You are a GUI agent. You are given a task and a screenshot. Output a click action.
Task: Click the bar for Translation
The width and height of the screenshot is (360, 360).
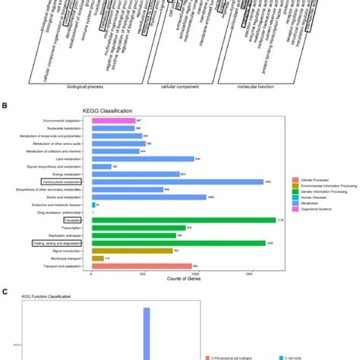click(183, 219)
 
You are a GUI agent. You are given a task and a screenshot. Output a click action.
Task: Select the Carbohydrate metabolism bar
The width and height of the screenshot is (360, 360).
click(177, 182)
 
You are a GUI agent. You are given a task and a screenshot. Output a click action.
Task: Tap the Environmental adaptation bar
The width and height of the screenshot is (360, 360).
click(113, 120)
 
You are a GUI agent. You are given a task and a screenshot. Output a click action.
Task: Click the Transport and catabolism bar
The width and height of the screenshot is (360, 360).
click(141, 266)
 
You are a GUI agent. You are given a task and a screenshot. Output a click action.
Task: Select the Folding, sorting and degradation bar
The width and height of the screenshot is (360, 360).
click(178, 243)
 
